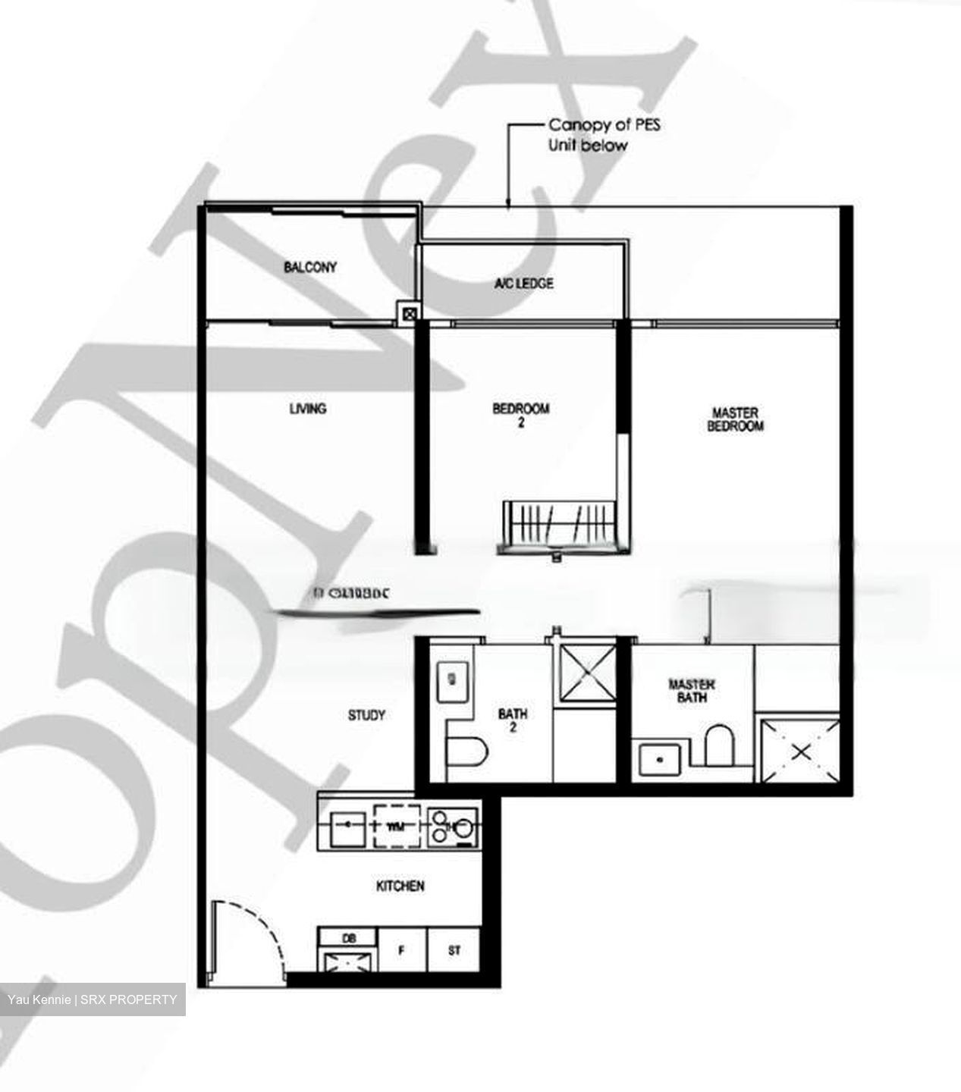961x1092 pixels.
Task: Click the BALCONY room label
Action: point(310,267)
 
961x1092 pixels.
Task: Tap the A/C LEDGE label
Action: point(523,284)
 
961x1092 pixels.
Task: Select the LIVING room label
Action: point(308,409)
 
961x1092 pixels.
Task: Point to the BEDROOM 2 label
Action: point(521,416)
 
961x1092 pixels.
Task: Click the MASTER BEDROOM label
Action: point(735,419)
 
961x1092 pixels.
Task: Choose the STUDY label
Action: point(366,715)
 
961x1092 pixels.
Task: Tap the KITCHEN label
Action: point(400,886)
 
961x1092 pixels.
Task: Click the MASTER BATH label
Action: point(691,691)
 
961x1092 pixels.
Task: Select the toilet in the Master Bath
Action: point(718,746)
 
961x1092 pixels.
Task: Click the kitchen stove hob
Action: point(452,826)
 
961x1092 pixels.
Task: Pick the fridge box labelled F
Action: point(402,950)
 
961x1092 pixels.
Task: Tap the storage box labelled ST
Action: point(454,950)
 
